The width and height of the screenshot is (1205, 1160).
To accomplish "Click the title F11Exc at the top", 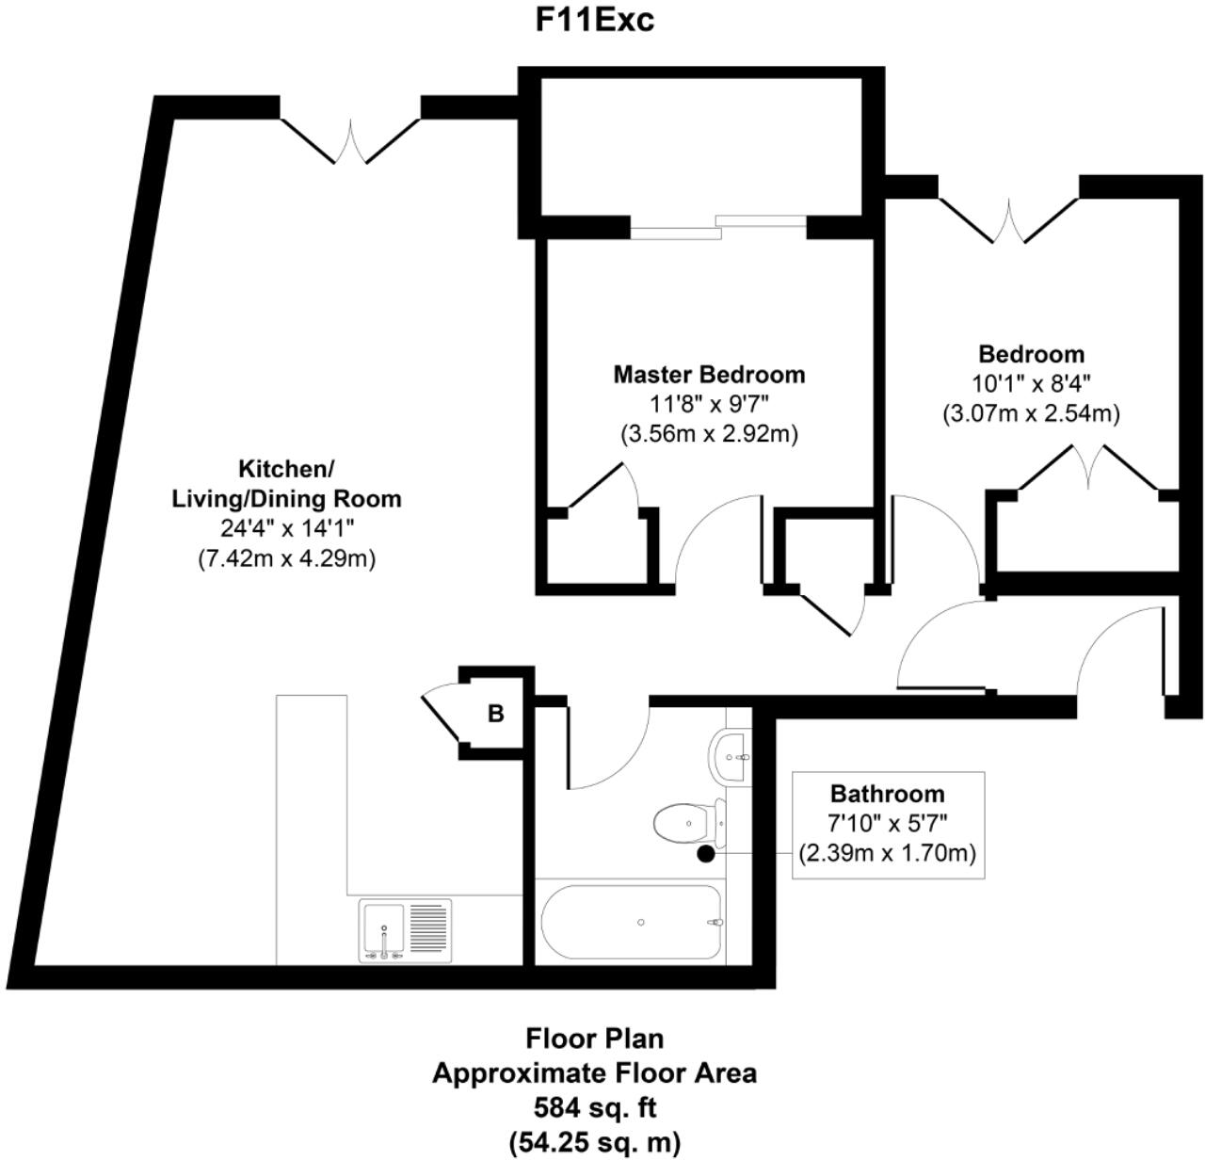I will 594,21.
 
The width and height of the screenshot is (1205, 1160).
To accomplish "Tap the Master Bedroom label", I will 709,375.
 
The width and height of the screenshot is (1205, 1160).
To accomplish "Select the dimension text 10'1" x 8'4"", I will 1031,383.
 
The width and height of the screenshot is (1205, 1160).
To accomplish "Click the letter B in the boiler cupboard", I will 495,714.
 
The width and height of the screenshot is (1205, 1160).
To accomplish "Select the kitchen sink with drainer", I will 405,931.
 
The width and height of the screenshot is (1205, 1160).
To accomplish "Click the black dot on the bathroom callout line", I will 704,855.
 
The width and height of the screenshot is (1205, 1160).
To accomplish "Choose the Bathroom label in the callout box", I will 887,794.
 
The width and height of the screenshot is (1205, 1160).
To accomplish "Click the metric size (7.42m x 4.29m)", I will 286,558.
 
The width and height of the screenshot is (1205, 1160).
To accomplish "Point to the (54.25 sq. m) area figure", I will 594,1143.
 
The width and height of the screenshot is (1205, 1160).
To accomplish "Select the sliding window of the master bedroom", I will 718,224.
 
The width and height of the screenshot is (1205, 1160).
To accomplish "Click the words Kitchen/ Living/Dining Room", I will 286,483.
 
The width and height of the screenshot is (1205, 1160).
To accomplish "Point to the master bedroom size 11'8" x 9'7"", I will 709,405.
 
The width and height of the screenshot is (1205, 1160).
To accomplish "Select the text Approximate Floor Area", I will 594,1073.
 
